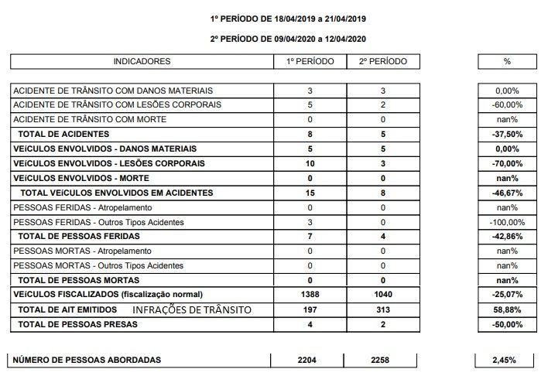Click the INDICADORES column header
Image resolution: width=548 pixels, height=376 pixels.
(x=142, y=61)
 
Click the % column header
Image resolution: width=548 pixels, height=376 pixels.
(x=507, y=61)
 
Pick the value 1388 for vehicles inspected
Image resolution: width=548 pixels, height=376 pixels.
(x=310, y=294)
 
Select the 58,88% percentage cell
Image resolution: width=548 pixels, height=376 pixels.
(x=507, y=309)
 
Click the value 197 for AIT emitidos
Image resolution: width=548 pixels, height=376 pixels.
(x=310, y=309)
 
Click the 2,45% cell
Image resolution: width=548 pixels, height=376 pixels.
(x=507, y=360)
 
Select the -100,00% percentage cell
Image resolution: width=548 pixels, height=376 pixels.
(x=507, y=223)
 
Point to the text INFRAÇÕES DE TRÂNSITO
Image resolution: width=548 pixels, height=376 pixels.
(x=194, y=309)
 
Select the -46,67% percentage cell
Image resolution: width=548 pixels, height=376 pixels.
(x=507, y=192)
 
